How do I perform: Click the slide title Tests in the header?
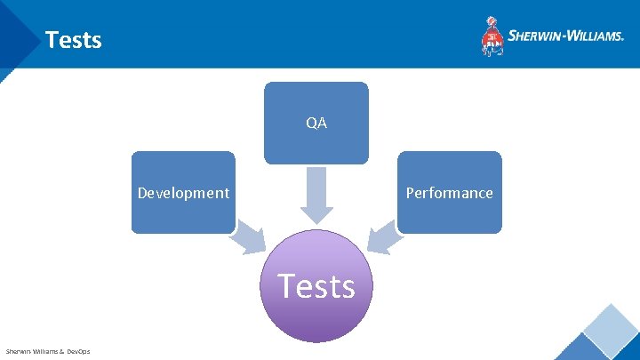[73, 40]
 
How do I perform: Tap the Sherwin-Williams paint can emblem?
[492, 36]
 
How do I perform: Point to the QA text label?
[316, 124]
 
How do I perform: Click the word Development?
[183, 193]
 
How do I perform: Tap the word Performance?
[449, 193]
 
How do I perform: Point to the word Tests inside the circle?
[316, 286]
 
